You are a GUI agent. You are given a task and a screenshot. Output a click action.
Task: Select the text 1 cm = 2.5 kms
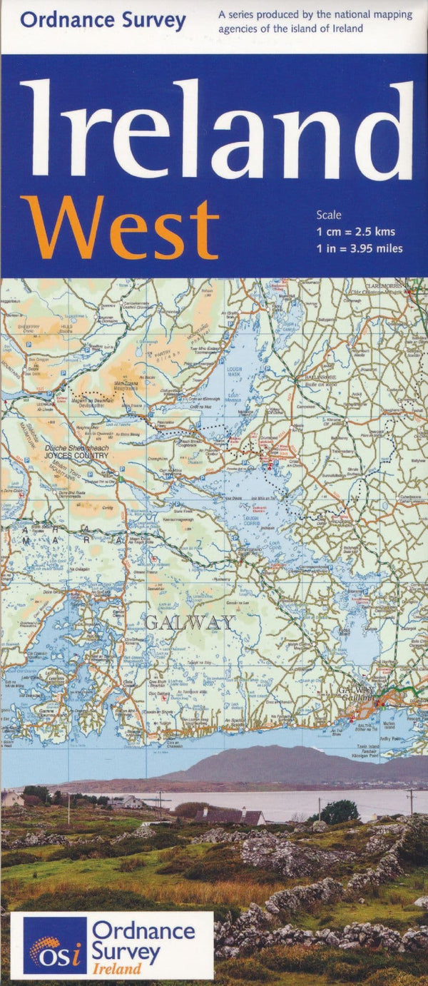tap(356, 231)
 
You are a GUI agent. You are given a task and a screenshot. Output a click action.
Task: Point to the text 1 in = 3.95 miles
tap(360, 248)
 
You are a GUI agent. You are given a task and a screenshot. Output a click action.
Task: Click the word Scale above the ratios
tap(330, 215)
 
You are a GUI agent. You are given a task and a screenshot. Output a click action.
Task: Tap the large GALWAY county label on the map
tap(188, 623)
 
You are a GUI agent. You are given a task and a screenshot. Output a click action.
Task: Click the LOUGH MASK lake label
tap(234, 372)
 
